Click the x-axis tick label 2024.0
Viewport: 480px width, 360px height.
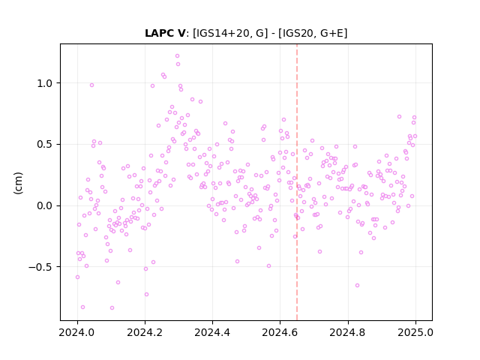click(x=77, y=332)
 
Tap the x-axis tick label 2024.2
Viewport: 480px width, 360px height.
click(x=145, y=332)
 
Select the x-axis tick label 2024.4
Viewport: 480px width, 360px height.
click(x=212, y=332)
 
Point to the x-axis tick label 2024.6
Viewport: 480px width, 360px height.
click(x=280, y=332)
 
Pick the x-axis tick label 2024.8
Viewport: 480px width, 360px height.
click(x=348, y=332)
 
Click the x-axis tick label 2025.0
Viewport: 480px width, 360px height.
click(x=415, y=332)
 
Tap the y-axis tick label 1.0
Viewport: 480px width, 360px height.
click(x=45, y=83)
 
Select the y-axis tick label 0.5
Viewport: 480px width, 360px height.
click(x=45, y=145)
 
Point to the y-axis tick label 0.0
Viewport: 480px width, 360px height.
click(x=45, y=205)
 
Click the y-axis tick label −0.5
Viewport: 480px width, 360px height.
click(x=40, y=267)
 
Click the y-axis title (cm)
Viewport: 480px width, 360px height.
click(x=18, y=183)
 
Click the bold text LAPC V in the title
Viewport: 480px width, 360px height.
click(x=165, y=33)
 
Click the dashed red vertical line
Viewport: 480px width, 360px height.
click(x=297, y=182)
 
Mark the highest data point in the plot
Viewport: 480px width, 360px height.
click(x=177, y=56)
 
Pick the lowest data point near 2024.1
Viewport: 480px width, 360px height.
click(x=112, y=308)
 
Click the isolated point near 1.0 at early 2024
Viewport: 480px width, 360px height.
click(x=91, y=85)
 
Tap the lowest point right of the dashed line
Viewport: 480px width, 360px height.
click(x=357, y=285)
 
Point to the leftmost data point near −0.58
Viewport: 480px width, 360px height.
click(x=78, y=277)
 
